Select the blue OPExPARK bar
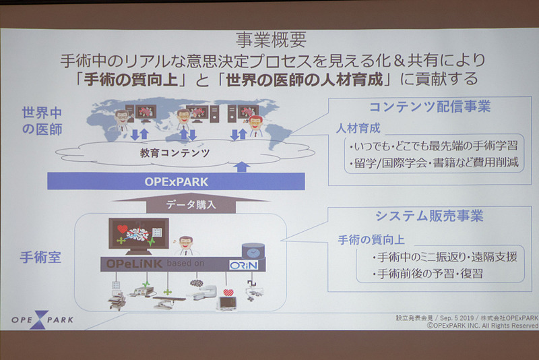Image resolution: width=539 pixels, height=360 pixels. (175, 181)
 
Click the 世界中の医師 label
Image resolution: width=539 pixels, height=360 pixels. (42, 120)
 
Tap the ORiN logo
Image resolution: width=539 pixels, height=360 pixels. (240, 264)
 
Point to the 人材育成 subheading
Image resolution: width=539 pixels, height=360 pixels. (358, 127)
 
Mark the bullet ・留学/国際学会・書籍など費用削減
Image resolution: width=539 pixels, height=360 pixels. (435, 163)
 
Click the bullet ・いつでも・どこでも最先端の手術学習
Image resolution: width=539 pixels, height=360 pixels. (435, 146)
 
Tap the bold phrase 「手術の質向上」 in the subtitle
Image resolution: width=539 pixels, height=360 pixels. (130, 79)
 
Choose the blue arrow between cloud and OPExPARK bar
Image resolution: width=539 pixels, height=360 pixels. (243, 166)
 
